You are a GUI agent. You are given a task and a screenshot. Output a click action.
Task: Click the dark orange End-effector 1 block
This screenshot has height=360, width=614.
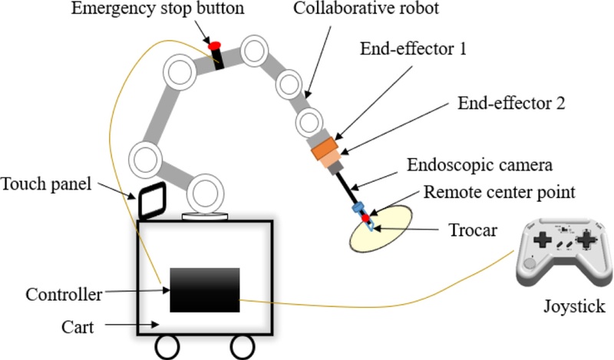(x=325, y=147)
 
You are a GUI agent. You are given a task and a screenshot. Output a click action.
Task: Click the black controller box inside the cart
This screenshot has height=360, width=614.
(x=205, y=289)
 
